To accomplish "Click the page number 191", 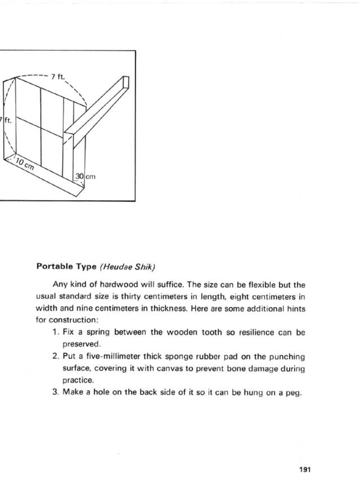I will [304, 470].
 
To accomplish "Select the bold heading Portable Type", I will [66, 267].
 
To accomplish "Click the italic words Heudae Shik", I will [128, 267].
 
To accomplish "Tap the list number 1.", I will [55, 332].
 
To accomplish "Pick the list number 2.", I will [55, 356].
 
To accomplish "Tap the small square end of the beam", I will [126, 82].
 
